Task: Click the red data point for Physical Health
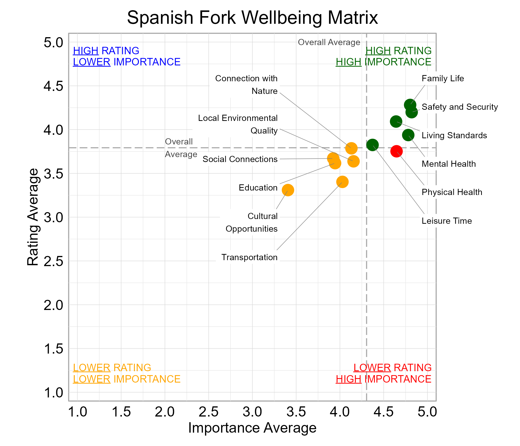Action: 396,151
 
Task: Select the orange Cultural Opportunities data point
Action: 288,190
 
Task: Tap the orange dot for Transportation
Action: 342,182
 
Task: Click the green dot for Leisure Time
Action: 372,145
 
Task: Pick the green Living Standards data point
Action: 396,122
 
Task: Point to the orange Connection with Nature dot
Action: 351,148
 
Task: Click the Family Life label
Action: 442,78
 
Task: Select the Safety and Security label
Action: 460,107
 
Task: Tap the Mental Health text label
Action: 448,164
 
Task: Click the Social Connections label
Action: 240,159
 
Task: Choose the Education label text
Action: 258,188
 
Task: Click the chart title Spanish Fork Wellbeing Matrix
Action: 252,18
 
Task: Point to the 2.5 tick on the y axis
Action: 53,261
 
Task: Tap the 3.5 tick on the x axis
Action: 296,412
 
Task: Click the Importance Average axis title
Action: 252,428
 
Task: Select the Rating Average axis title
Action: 33,217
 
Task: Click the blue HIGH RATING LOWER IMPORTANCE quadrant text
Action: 127,56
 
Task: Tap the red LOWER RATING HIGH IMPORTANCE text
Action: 384,373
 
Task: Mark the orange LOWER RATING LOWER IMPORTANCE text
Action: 127,373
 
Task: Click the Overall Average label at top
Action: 329,42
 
